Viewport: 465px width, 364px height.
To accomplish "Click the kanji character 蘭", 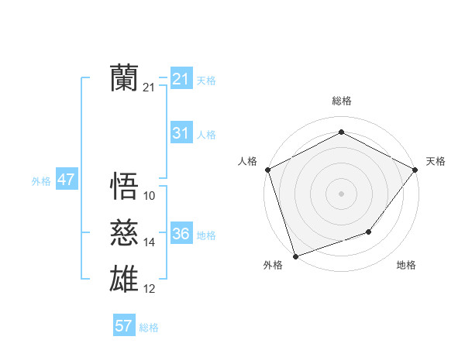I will [125, 77].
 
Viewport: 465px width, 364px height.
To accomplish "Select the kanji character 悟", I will [125, 185].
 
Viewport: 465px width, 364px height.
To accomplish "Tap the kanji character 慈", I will [125, 232].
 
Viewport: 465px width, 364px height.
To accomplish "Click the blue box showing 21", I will [181, 79].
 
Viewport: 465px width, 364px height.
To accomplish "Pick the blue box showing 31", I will [181, 133].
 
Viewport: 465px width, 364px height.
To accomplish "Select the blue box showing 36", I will [181, 234].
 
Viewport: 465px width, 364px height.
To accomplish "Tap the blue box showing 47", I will [66, 180].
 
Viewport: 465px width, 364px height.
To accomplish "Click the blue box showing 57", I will [123, 326].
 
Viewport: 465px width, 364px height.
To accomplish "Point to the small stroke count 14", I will [150, 242].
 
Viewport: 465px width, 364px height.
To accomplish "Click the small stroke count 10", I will [150, 196].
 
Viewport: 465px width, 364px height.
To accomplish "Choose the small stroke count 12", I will [150, 289].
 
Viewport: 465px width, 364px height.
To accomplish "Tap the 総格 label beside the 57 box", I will [149, 328].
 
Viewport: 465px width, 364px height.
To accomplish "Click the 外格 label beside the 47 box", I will [41, 181].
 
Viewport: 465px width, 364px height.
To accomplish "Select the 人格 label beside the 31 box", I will [206, 135].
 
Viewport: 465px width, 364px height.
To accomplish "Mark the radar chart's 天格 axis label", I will [436, 161].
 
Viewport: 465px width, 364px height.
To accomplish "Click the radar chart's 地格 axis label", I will [406, 265].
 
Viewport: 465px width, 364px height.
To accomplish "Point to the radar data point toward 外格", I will [296, 256].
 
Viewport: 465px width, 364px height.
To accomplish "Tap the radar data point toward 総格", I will [341, 132].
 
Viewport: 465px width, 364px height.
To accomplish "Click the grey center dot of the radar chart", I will [341, 194].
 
